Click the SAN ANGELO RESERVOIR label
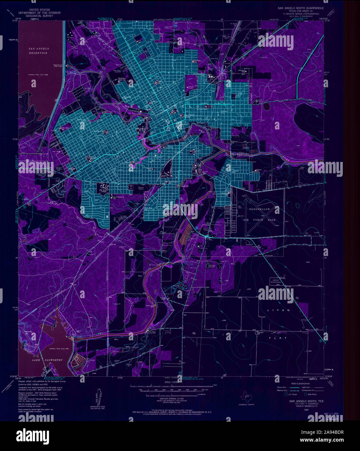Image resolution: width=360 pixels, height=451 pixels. (x=38, y=51)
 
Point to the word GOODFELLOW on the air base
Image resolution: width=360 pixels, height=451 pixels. (x=259, y=209)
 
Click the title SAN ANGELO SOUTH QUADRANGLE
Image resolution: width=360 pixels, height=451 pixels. (x=300, y=7)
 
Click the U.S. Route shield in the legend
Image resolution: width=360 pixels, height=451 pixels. (x=286, y=395)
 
